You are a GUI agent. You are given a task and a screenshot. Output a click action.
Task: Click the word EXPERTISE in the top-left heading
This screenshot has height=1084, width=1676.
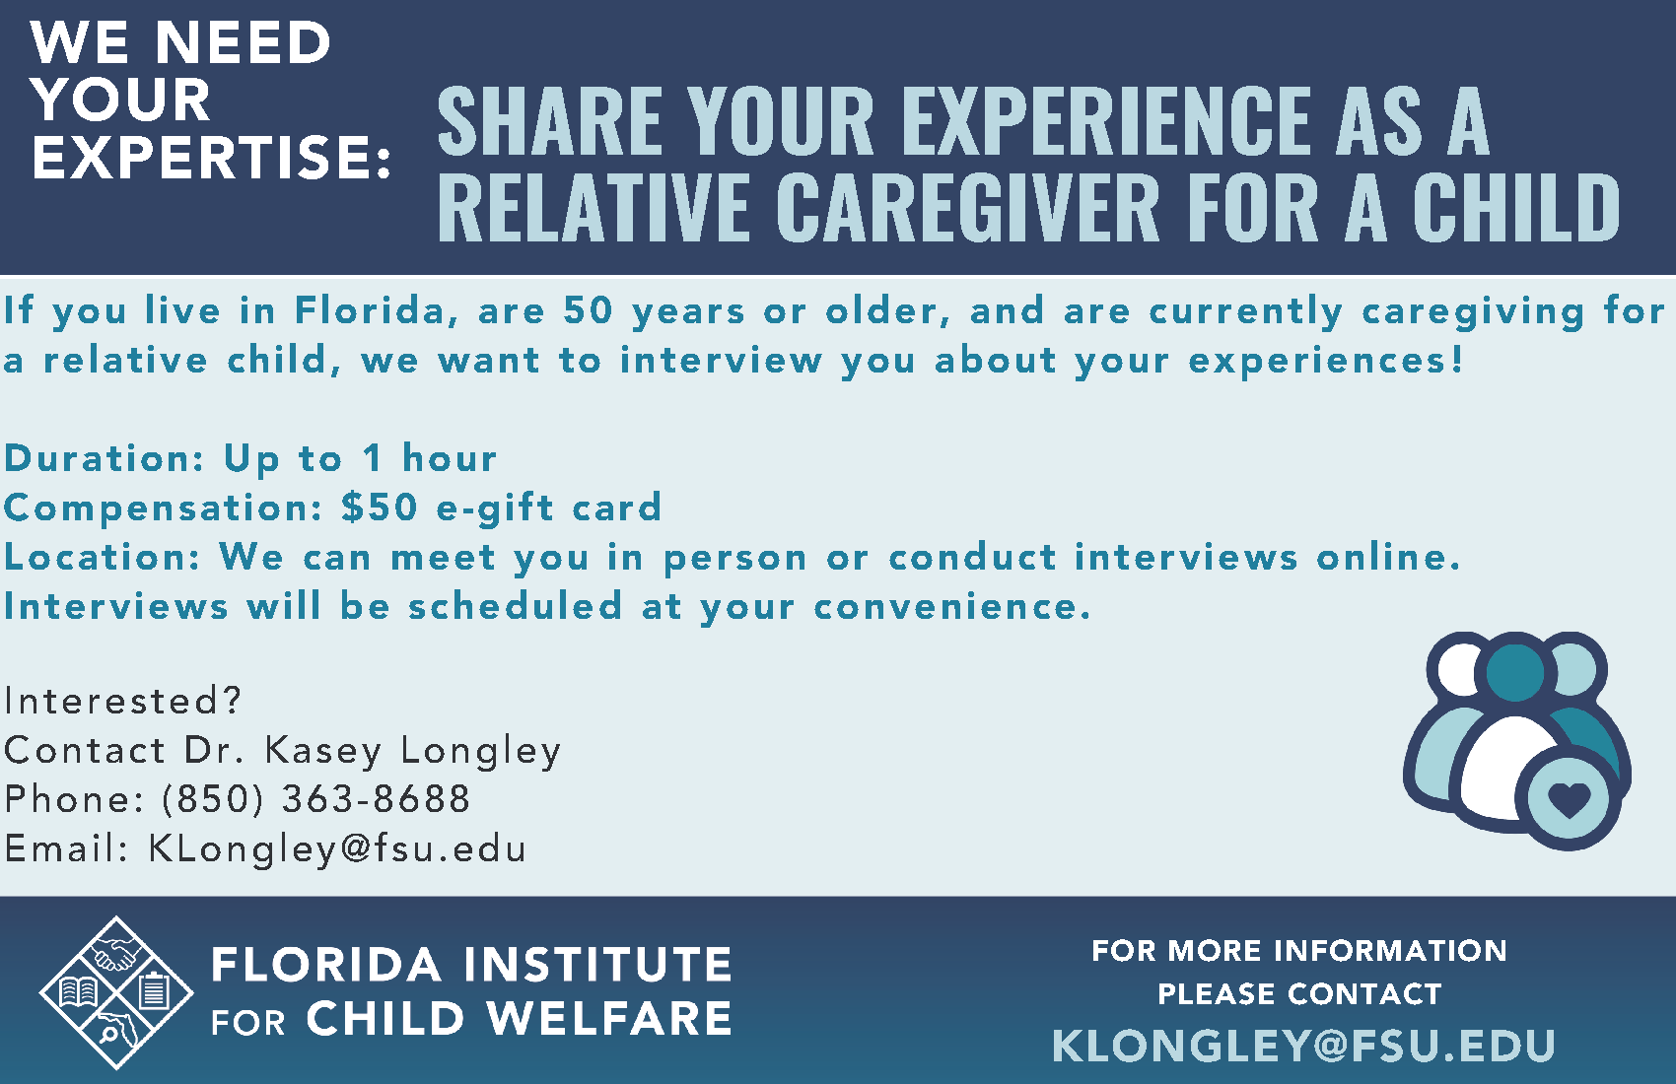(203, 157)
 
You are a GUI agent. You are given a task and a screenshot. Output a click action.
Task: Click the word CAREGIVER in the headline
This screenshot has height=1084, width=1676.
(967, 206)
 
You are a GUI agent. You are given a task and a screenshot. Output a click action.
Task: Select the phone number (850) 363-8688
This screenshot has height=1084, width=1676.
(315, 798)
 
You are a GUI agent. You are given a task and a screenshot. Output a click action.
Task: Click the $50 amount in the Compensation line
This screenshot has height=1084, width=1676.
(380, 508)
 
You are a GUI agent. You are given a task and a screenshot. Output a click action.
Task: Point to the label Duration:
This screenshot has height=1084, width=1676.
(104, 458)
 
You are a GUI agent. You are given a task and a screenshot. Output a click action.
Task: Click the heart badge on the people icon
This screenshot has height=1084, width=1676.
(1569, 799)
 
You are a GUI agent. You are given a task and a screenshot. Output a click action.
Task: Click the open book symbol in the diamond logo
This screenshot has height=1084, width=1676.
(79, 992)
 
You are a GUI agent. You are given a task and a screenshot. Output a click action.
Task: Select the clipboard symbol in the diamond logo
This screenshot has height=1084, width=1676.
(155, 991)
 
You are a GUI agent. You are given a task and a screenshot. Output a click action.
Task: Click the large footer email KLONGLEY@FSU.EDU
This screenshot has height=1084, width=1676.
(1303, 1046)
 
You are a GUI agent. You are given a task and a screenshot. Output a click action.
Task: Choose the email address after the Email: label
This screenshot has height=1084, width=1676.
(337, 849)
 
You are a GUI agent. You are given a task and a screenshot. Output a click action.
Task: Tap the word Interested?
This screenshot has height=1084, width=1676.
(123, 701)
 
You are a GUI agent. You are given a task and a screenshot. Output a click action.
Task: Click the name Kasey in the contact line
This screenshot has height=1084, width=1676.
(323, 750)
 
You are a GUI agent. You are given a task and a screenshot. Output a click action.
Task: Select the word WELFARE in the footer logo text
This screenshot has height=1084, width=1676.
(609, 1018)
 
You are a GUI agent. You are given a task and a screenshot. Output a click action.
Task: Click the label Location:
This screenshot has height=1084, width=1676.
(103, 557)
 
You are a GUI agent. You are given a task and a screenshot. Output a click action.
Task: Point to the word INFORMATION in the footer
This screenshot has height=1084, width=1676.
(1391, 951)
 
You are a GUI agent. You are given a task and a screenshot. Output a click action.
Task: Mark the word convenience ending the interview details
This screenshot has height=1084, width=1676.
(951, 606)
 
